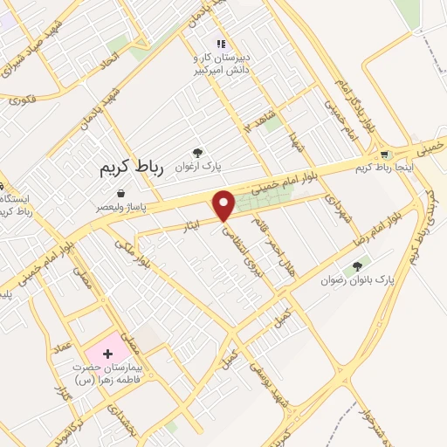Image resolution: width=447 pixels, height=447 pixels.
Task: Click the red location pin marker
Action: tap(224, 205)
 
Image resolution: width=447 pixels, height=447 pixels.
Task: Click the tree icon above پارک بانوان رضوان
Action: tap(357, 265)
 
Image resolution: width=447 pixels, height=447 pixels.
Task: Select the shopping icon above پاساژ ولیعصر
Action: tap(120, 193)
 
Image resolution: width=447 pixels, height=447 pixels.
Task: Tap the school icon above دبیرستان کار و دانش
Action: tap(221, 44)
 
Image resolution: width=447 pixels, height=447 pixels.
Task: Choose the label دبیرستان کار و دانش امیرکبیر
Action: tap(221, 63)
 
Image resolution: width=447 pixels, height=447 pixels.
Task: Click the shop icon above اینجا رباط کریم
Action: tap(385, 155)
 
